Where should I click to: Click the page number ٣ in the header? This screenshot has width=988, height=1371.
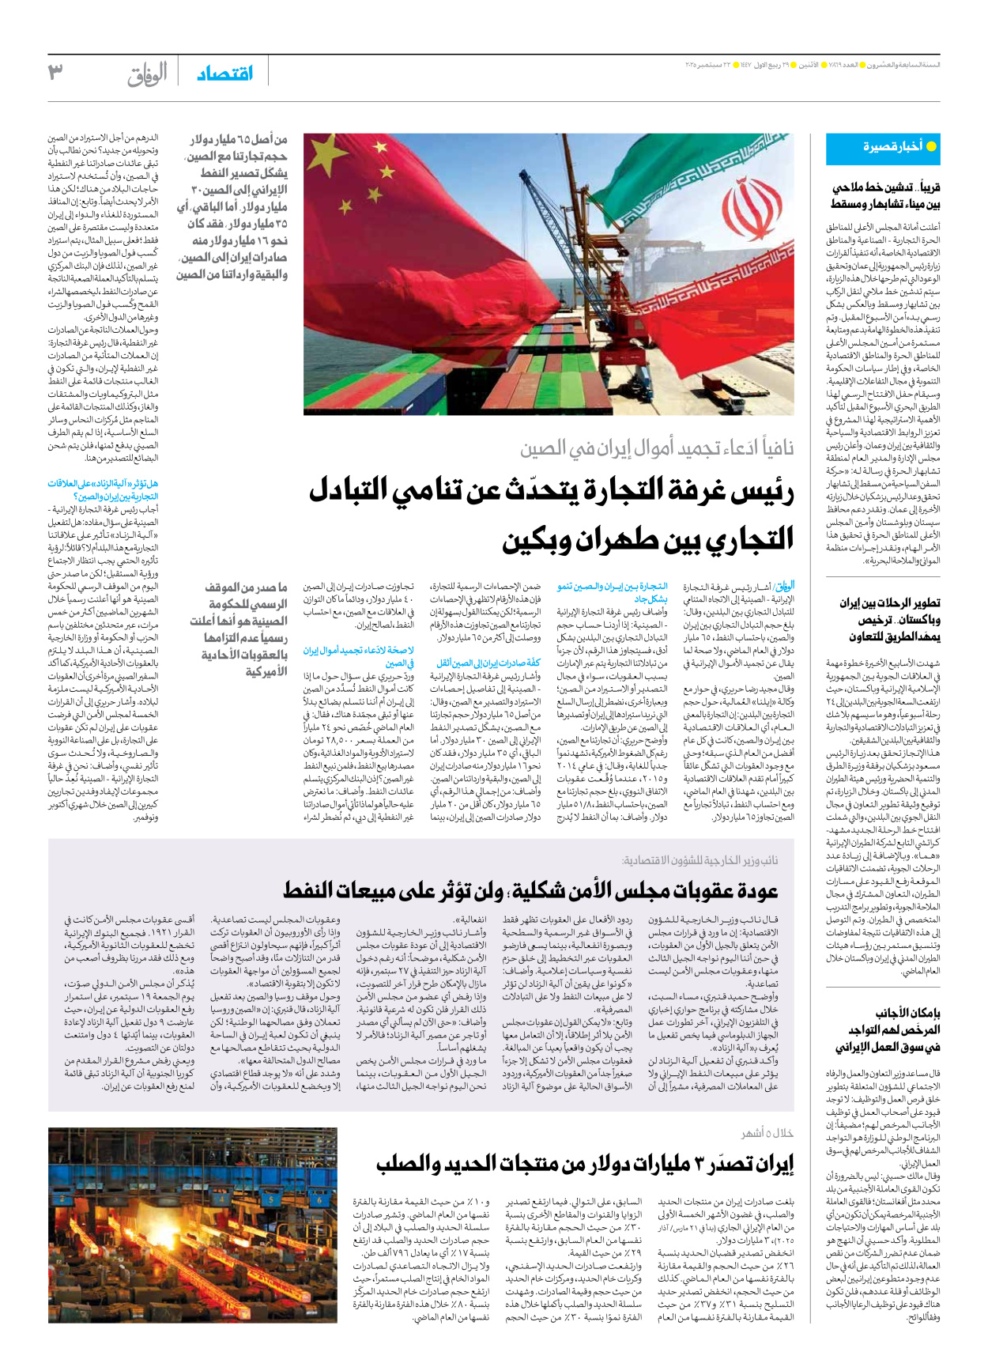pos(55,72)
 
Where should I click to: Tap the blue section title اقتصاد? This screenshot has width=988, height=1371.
pos(225,74)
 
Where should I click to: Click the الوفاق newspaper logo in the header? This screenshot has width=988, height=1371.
pos(147,74)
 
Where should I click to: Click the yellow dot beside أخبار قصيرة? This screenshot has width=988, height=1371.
pos(931,147)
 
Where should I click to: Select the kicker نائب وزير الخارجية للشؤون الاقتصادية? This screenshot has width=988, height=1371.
pos(700,860)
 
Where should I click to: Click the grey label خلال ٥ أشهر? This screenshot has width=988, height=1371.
pos(767,1133)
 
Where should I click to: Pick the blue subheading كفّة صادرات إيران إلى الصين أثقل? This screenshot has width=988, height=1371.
pos(488,663)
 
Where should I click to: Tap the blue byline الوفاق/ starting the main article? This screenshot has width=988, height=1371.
pos(783,586)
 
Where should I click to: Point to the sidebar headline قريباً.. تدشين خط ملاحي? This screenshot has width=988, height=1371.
pos(885,195)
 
